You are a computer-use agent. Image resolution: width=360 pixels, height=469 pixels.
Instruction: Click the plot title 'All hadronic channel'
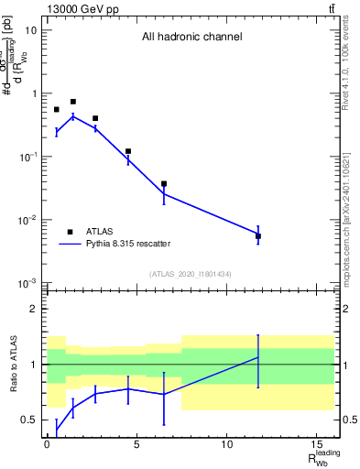191,38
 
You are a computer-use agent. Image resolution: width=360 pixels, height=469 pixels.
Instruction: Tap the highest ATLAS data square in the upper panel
73,102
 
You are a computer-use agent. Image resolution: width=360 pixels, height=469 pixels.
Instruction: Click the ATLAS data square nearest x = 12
258,236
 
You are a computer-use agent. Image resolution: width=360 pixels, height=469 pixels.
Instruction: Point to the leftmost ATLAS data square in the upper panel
57,109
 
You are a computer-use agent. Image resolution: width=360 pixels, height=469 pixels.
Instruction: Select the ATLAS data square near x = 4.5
128,151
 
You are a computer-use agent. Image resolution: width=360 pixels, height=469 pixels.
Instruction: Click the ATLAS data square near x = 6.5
164,184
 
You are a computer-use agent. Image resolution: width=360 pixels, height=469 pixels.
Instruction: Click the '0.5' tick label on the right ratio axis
349,420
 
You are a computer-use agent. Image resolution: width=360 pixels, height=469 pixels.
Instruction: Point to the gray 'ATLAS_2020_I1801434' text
191,274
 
